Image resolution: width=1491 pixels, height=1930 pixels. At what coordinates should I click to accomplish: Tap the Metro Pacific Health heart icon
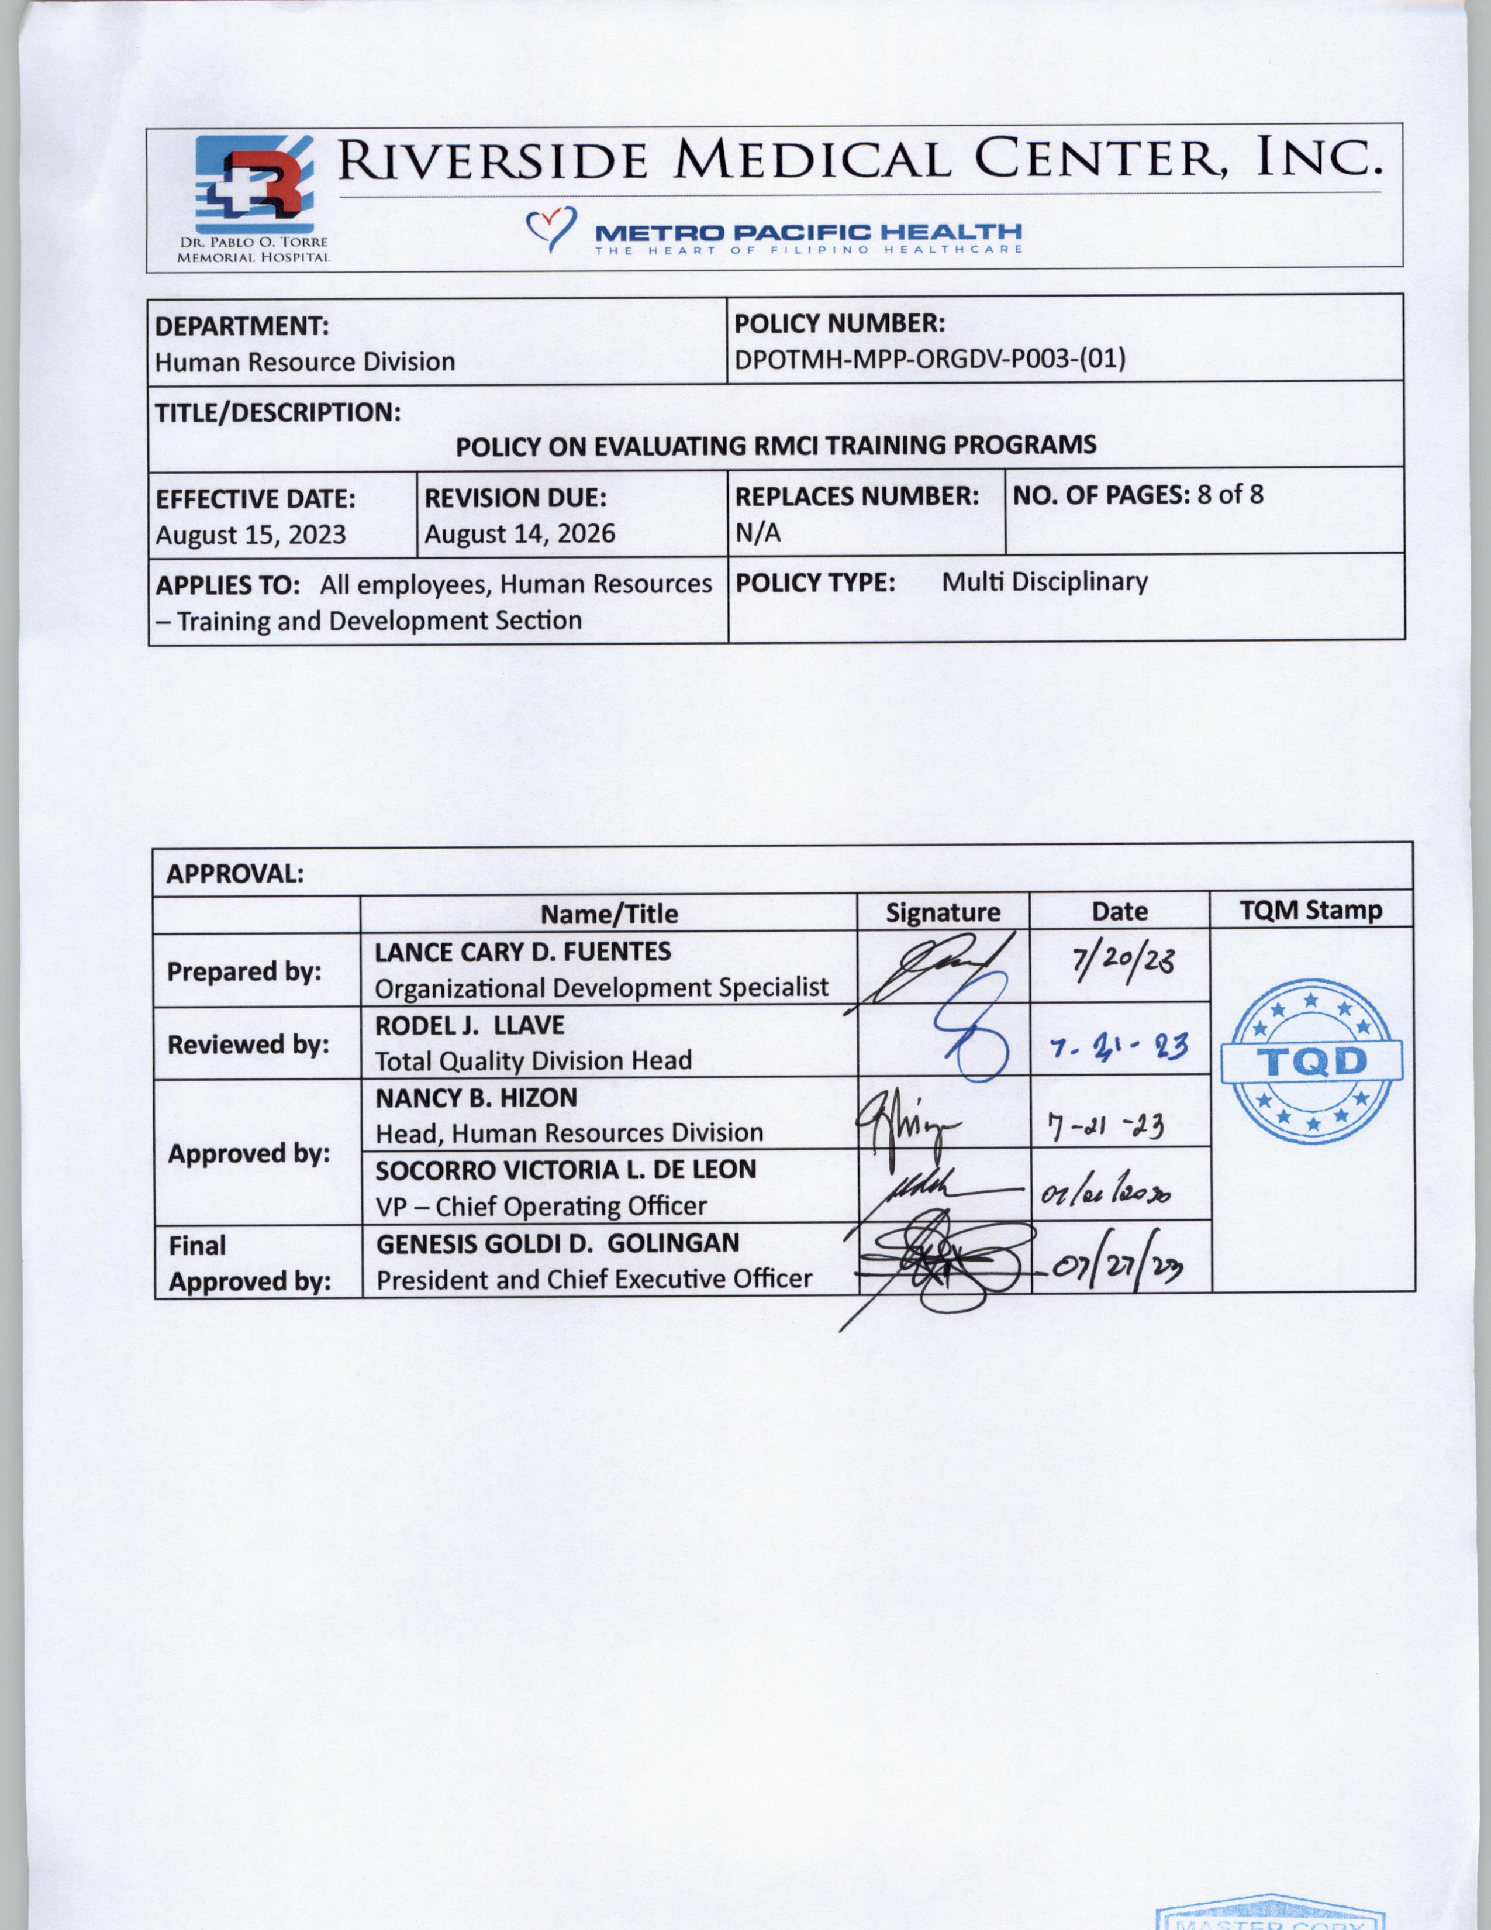tap(551, 228)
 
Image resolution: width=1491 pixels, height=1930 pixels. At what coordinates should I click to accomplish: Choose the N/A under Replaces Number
tap(758, 533)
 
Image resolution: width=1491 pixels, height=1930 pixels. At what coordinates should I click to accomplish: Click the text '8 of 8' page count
tap(1230, 495)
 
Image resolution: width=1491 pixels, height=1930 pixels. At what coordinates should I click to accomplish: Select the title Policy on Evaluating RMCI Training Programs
tap(775, 446)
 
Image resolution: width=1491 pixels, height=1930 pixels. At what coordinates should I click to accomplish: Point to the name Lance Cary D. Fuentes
tap(523, 952)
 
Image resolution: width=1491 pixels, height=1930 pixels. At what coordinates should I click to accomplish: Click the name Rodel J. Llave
tap(470, 1025)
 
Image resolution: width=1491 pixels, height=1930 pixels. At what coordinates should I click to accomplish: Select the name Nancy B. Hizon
tap(476, 1098)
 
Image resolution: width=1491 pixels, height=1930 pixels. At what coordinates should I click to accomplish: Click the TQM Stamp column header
tap(1311, 910)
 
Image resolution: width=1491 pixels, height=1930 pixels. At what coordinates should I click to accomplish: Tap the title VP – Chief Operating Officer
tap(541, 1206)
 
